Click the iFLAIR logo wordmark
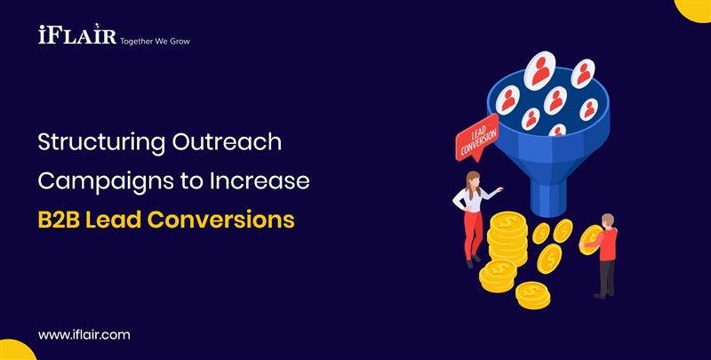[76, 36]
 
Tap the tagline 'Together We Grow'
[155, 41]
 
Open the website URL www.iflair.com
[84, 334]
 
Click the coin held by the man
[589, 238]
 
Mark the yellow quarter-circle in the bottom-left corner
[13, 350]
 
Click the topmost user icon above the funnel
[539, 70]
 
